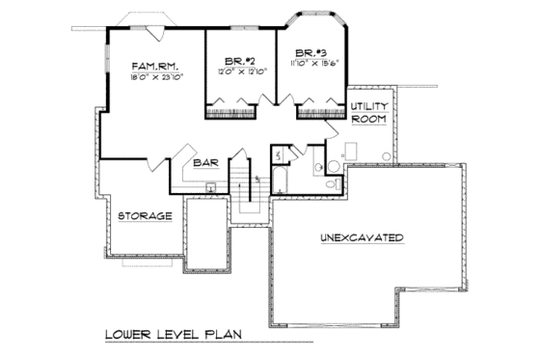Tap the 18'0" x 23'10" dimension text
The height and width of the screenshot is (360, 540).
(157, 75)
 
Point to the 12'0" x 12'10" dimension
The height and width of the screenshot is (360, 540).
(240, 71)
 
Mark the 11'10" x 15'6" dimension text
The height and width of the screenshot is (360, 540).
(310, 63)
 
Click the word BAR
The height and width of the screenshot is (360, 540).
(204, 163)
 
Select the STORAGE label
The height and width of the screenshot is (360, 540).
(145, 215)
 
